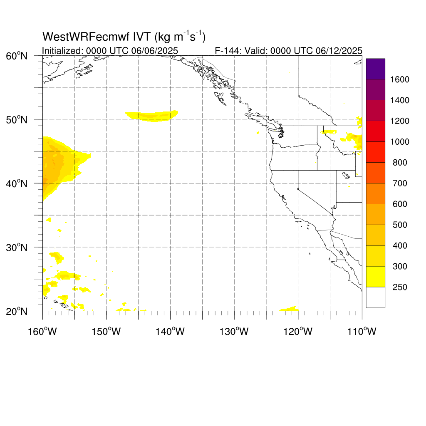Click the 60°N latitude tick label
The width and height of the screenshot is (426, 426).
pyautogui.click(x=17, y=56)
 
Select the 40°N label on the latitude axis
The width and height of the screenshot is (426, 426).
pyautogui.click(x=17, y=184)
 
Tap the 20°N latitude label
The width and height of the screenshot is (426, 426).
pyautogui.click(x=17, y=312)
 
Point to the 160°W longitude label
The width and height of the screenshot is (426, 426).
pyautogui.click(x=42, y=332)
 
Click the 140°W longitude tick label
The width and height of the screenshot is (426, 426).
pyautogui.click(x=170, y=332)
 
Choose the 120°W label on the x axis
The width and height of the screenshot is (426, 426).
pyautogui.click(x=298, y=332)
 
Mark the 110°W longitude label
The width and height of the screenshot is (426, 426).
pyautogui.click(x=362, y=332)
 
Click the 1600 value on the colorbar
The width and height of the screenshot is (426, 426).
pyautogui.click(x=400, y=79)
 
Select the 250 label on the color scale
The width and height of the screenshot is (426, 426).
pyautogui.click(x=400, y=287)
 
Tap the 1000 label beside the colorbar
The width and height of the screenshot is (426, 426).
pyautogui.click(x=400, y=142)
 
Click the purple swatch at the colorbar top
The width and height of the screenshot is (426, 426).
pyautogui.click(x=376, y=69)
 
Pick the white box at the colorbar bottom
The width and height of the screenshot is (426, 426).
pyautogui.click(x=376, y=297)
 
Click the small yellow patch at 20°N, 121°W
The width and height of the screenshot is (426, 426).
pyautogui.click(x=290, y=309)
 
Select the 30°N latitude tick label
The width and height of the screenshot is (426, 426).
pyautogui.click(x=17, y=248)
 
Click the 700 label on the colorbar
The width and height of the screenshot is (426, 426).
pyautogui.click(x=400, y=183)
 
